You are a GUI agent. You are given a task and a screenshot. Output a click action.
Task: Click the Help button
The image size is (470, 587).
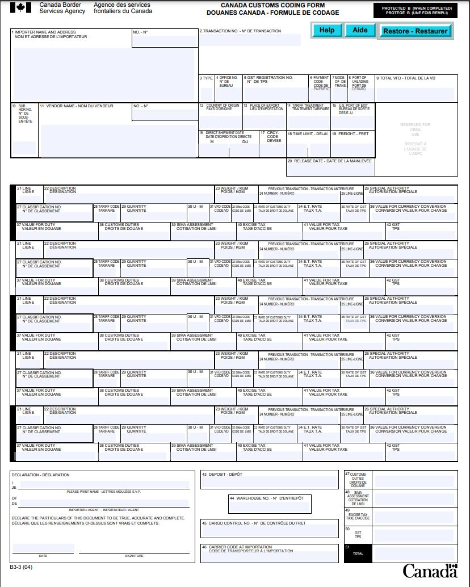pos(326,30)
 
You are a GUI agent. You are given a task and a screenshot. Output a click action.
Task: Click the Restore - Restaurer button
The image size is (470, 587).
pos(415,31)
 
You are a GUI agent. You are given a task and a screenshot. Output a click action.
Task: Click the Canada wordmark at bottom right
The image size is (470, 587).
pos(430,571)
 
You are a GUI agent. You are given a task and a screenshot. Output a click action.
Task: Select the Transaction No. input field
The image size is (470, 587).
pos(250,40)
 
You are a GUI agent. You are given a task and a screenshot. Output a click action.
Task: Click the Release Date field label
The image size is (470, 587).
pos(330,161)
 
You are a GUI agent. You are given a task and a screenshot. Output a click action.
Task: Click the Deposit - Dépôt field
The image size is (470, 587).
pos(269,483)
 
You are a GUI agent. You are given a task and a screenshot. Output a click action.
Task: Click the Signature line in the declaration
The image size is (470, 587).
pos(134,548)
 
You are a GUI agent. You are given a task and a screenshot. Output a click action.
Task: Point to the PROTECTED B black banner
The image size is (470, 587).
pos(413,10)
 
